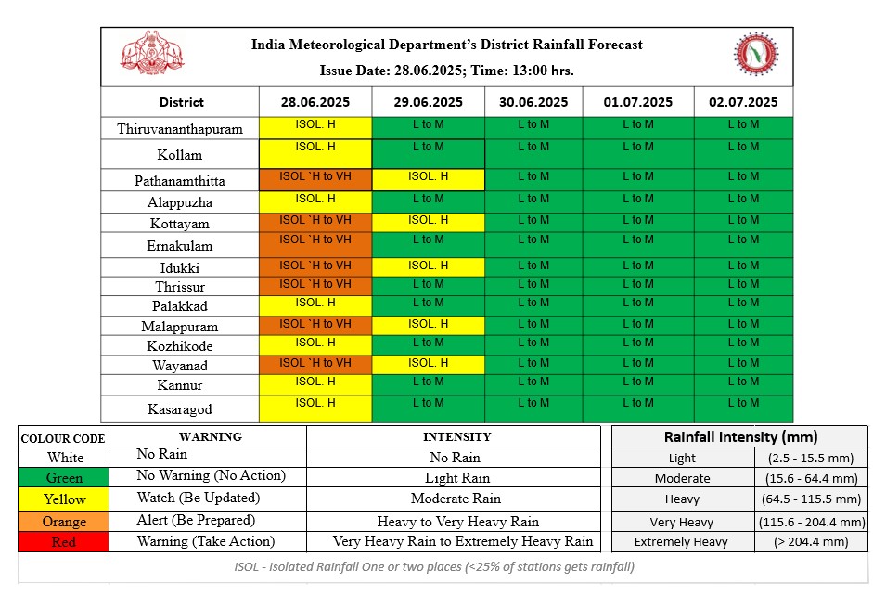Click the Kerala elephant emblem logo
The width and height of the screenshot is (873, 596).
click(152, 53)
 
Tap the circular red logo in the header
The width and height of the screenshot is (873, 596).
click(755, 54)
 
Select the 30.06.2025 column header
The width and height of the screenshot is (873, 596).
click(533, 102)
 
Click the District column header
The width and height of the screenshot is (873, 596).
click(182, 102)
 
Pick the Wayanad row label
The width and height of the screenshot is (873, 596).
click(180, 366)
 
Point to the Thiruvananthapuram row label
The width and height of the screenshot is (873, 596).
click(180, 129)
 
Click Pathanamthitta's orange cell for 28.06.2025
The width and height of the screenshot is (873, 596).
click(315, 180)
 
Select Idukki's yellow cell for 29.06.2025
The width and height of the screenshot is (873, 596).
click(428, 267)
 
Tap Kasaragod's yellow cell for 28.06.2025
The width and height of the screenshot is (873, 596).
click(315, 408)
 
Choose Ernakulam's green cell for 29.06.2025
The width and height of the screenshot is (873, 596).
click(428, 245)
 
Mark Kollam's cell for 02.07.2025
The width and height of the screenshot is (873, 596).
click(743, 154)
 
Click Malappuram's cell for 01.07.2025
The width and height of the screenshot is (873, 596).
click(638, 326)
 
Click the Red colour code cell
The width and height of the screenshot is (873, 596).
click(63, 542)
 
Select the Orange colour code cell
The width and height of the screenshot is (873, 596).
click(63, 522)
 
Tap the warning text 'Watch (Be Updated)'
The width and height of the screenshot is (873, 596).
click(199, 498)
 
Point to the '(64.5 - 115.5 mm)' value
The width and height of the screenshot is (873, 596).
click(811, 499)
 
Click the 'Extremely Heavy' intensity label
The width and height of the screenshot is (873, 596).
click(681, 542)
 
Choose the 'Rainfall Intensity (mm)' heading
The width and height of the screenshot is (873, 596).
click(740, 436)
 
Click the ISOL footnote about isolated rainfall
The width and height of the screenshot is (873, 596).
click(434, 567)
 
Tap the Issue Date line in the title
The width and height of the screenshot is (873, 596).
click(446, 71)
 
